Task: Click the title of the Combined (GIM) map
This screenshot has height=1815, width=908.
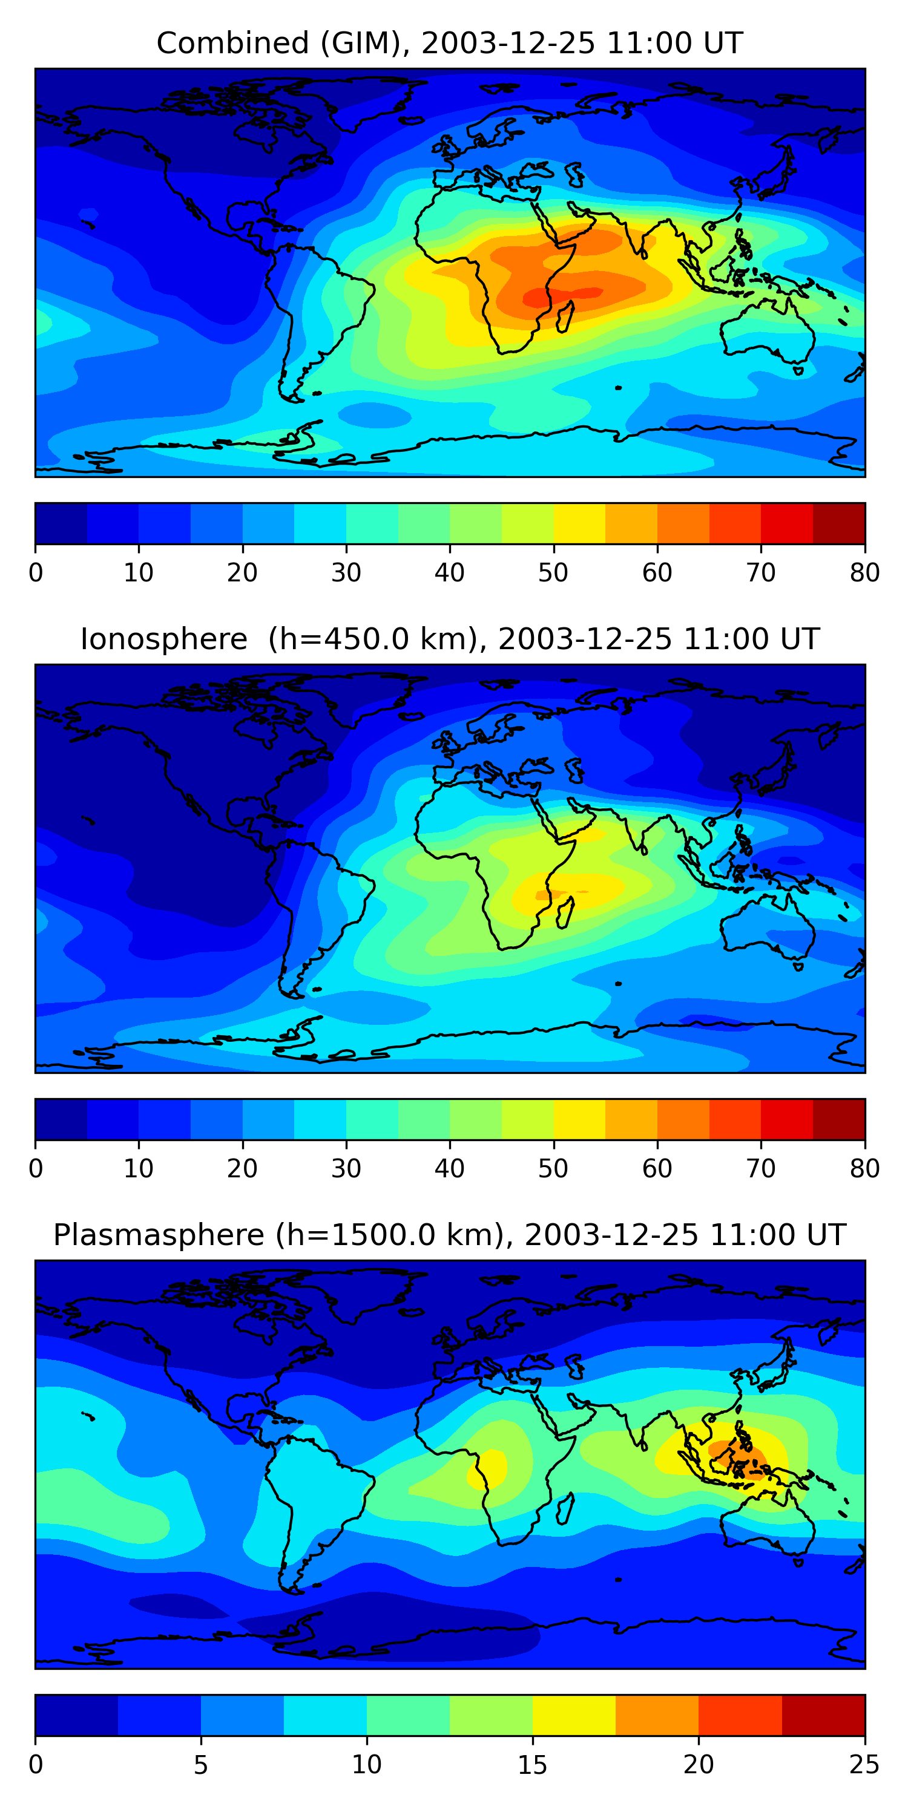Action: tap(449, 43)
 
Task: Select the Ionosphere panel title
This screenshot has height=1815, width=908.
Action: tap(449, 639)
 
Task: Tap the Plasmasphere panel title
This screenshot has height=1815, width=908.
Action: tap(449, 1235)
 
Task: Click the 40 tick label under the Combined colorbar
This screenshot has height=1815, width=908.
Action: tap(449, 573)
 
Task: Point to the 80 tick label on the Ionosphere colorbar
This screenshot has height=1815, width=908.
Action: tap(864, 1169)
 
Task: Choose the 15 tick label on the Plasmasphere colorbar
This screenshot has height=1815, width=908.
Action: tap(532, 1765)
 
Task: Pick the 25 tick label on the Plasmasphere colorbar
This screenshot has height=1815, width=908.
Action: tap(864, 1765)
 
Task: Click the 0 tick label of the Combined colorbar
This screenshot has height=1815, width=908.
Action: tap(36, 573)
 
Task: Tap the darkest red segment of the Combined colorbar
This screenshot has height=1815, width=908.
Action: tap(839, 523)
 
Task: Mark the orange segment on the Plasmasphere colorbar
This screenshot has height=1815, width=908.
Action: tap(657, 1716)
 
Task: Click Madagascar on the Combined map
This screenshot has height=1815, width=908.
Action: tap(565, 316)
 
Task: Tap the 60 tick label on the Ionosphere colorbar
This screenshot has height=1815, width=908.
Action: tap(657, 1169)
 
